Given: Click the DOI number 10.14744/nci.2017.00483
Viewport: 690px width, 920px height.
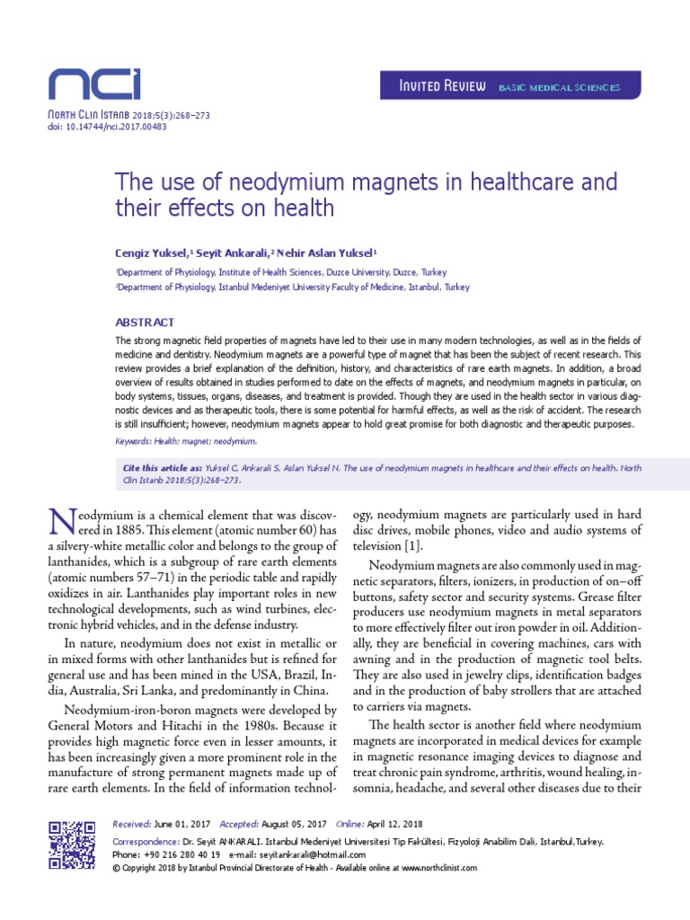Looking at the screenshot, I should [114, 127].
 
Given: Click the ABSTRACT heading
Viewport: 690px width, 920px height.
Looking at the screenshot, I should [145, 322].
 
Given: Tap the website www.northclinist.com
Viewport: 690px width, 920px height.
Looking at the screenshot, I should [426, 869].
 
